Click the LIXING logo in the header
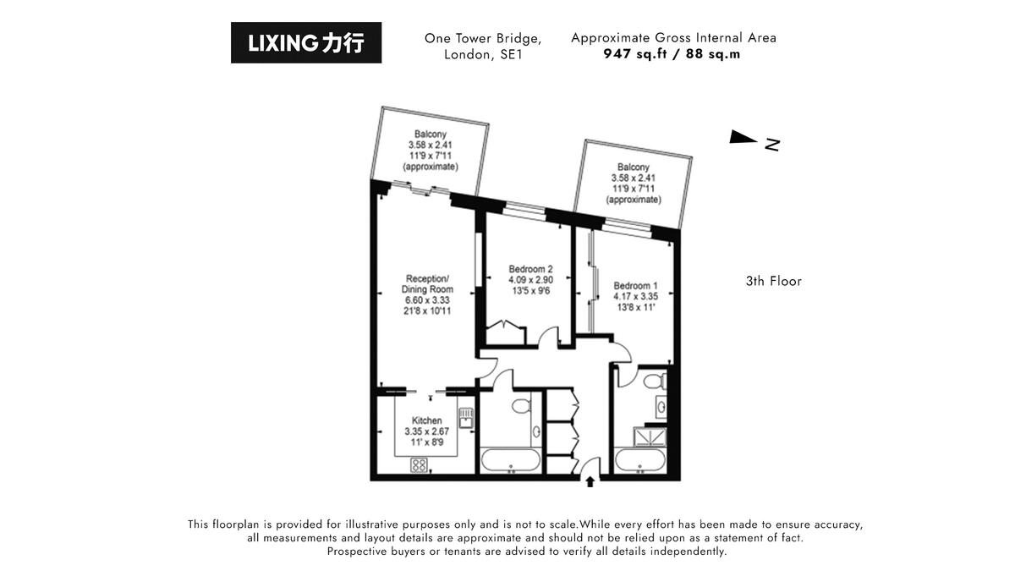(x=306, y=43)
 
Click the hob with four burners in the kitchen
(x=419, y=464)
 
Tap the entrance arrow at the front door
(x=590, y=481)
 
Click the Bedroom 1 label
(x=635, y=296)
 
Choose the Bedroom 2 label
(x=531, y=280)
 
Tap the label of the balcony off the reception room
(x=431, y=151)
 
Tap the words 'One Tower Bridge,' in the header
(x=483, y=38)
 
